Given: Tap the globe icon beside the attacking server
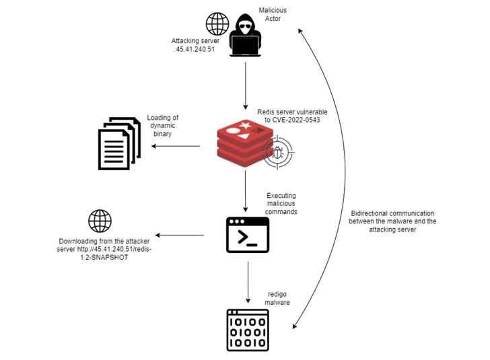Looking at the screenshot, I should pos(217,24).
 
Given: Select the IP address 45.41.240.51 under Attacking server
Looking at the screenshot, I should pos(195,49).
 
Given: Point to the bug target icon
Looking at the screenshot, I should pos(277,153).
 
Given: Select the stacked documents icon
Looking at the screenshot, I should pos(119,143).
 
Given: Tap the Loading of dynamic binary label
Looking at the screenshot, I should pos(162,125).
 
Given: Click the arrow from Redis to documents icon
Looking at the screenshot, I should pos(176,146).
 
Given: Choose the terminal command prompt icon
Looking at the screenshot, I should pos(247,235).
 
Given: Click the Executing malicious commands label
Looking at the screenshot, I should pos(281,203).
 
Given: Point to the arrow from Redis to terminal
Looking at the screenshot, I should pos(245,190).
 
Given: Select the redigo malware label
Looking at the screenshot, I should pos(279,298).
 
